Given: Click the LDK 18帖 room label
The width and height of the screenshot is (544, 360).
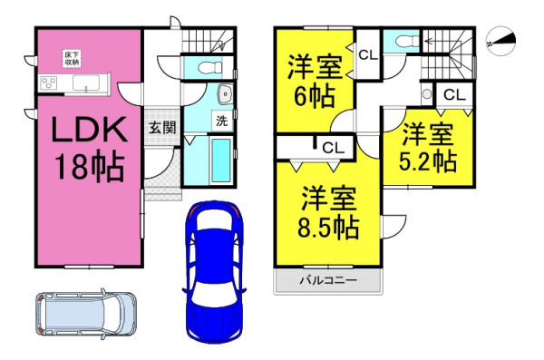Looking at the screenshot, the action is pos(89,148).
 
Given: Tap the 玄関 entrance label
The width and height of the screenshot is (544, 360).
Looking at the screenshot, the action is pos(162,128).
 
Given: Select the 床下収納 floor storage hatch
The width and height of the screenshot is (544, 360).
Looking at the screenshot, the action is pos(72,59).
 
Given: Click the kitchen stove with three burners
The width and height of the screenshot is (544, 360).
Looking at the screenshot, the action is pos(48,83).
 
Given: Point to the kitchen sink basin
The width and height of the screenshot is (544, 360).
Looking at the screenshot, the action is pos(86,83).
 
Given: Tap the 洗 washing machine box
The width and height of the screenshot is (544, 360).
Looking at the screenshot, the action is pos(222,121).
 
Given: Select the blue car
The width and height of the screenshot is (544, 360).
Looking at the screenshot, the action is pos(214,271).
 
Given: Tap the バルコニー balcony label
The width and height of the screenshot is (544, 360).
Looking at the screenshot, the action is pos(328,280).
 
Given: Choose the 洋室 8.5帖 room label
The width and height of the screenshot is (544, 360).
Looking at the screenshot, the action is pos(328,212).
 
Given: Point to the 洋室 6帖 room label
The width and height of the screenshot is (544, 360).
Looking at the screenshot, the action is pos(315,82).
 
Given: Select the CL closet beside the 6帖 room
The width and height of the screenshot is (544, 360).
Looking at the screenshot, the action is pos(368,54).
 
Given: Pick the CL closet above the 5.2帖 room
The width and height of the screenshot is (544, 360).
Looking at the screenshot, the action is pos(454,95).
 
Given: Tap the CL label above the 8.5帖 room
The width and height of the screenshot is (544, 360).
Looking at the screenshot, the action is pos(334,148).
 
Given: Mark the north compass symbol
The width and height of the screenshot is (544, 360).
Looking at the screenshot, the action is pos(501,41).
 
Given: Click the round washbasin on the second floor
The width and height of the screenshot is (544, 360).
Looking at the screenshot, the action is pos(427,93).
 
